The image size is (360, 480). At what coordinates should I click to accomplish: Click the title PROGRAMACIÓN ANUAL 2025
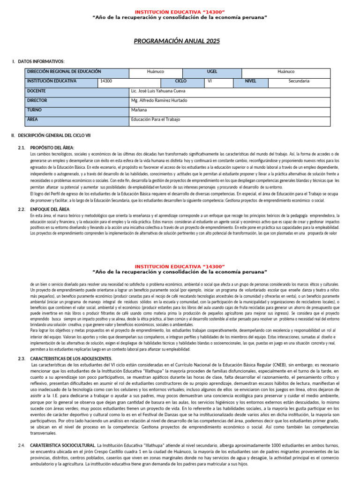(x=176, y=41)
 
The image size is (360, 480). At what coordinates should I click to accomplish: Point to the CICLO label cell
(x=180, y=81)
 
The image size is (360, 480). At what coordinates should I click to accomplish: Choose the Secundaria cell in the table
(x=299, y=81)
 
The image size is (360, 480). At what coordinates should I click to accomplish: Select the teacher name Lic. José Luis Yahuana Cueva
(x=158, y=91)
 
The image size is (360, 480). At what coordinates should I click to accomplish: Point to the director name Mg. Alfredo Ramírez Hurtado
(x=159, y=100)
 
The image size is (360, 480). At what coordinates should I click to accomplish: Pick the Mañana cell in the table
(x=139, y=110)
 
